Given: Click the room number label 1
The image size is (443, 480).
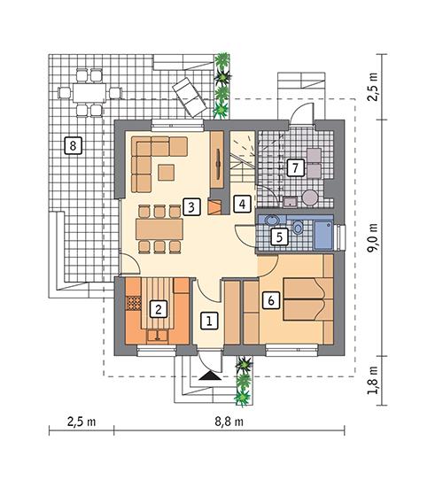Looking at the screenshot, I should pyautogui.click(x=208, y=321).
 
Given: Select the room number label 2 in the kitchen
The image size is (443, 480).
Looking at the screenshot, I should pyautogui.click(x=158, y=309).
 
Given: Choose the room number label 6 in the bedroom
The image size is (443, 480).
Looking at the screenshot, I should pyautogui.click(x=271, y=300).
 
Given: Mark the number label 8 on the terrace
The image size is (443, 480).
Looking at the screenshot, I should pyautogui.click(x=73, y=144).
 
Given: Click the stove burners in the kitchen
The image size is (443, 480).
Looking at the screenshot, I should pyautogui.click(x=135, y=303).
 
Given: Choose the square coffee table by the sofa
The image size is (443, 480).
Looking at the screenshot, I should pyautogui.click(x=166, y=173).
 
